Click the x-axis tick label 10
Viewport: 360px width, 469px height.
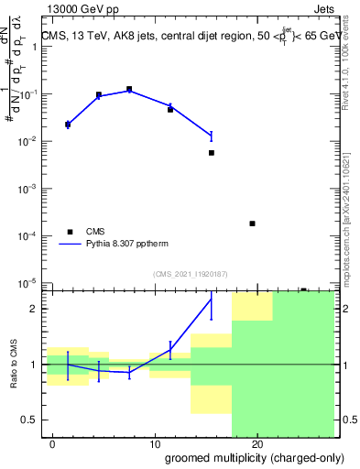(155, 445)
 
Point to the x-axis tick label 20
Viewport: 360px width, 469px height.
(257, 445)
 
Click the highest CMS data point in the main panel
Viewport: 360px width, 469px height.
(129, 90)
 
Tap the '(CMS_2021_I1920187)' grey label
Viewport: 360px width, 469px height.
(189, 273)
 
